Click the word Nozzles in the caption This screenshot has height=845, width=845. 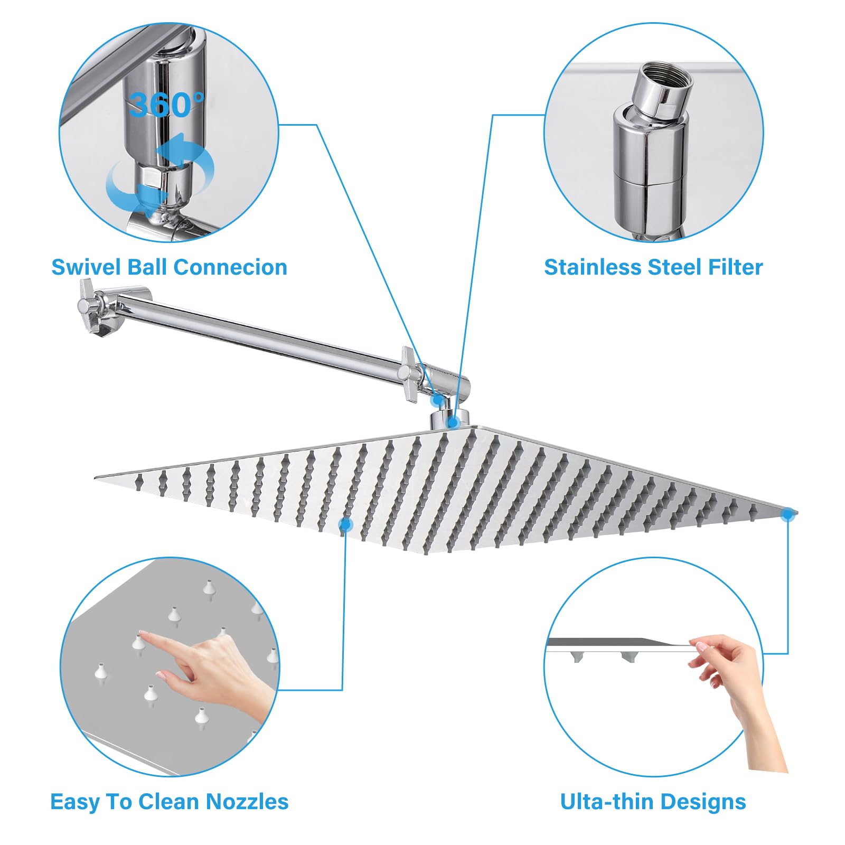click(x=247, y=801)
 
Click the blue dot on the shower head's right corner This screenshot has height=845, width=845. click(x=787, y=512)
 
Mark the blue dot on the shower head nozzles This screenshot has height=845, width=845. click(x=346, y=524)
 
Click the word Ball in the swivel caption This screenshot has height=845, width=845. click(x=148, y=267)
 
